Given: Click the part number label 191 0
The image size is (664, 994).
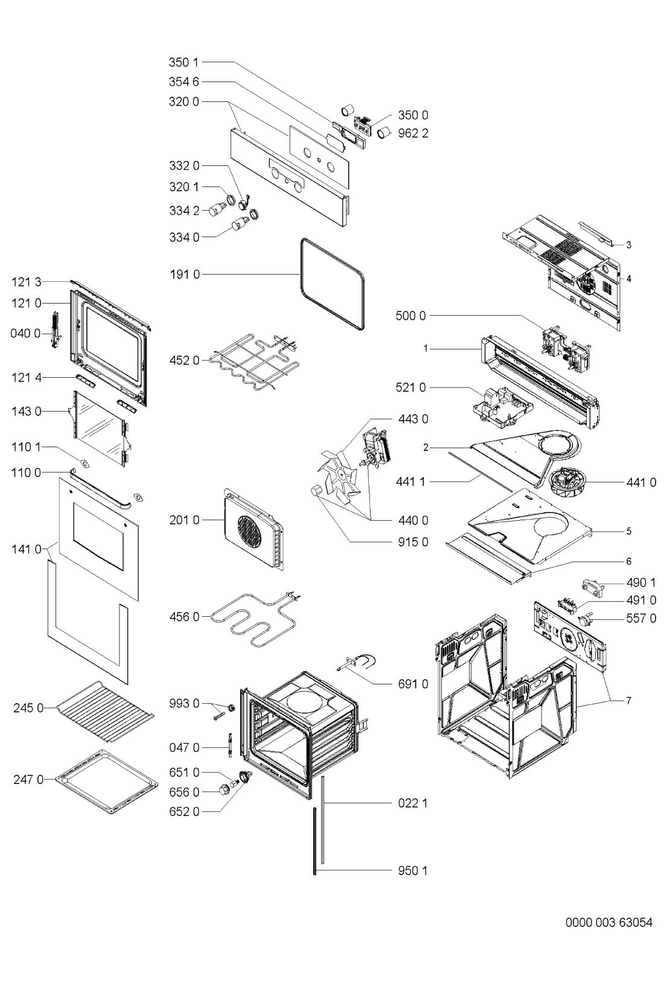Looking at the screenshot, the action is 185,275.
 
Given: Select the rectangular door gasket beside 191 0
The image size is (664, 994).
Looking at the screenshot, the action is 333,284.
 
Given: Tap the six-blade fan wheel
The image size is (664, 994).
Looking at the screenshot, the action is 339,474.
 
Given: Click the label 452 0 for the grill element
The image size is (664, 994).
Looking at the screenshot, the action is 185,360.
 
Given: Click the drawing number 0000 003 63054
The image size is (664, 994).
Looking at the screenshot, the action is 608,923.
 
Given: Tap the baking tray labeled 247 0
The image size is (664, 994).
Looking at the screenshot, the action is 107,782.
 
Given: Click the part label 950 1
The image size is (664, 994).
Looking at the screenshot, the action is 413,871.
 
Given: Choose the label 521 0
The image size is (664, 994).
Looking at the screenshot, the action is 410,387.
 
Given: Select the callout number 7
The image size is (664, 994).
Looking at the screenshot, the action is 628,701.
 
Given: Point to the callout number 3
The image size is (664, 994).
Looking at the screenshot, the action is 628,244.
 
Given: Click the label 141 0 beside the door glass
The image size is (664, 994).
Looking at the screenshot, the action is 27,549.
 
